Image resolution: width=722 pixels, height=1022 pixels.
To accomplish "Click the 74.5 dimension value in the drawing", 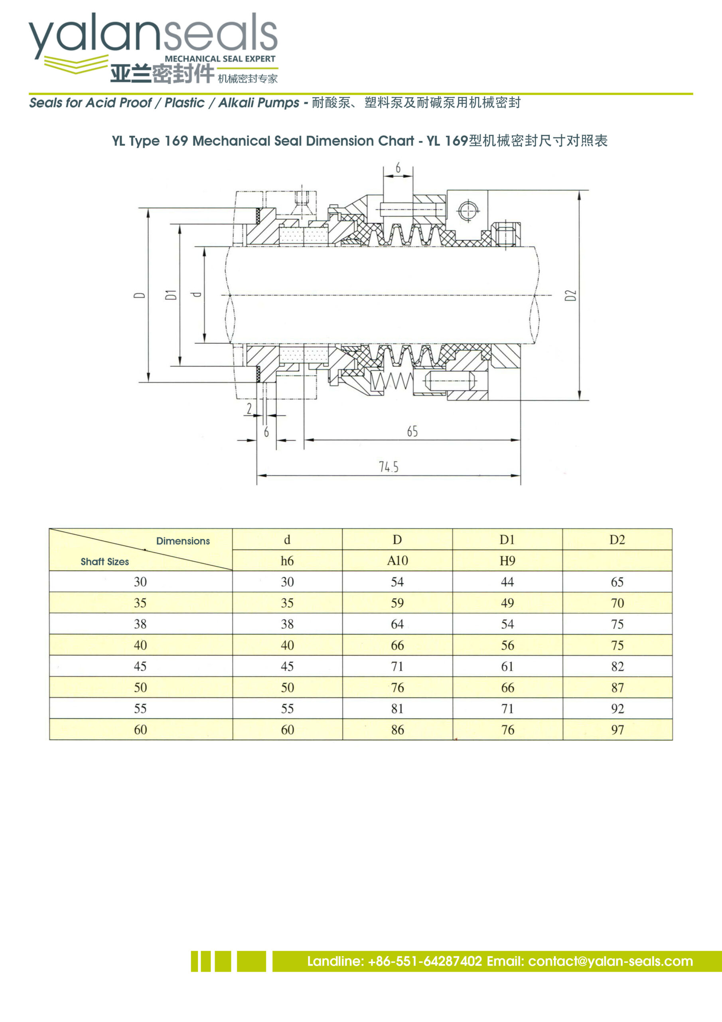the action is pyautogui.click(x=389, y=467).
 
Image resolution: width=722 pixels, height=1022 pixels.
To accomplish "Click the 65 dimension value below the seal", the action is pyautogui.click(x=412, y=431).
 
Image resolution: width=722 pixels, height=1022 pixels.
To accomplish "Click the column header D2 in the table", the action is pyautogui.click(x=617, y=540).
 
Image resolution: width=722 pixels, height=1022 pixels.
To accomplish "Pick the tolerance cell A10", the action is pyautogui.click(x=397, y=561).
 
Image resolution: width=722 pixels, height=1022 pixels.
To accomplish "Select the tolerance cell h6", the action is pyautogui.click(x=287, y=561).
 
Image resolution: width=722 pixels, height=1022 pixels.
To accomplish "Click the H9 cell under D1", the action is pyautogui.click(x=507, y=561).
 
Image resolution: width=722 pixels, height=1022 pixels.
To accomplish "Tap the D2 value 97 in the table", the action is pyautogui.click(x=617, y=729).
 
